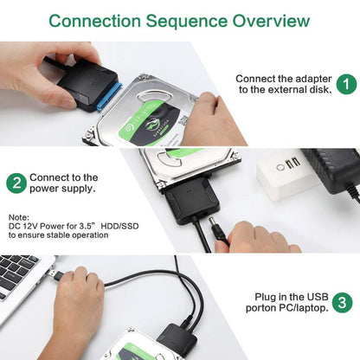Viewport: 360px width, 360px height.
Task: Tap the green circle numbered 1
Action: pos(345,84)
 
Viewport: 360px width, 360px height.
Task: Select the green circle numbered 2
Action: pos(16,183)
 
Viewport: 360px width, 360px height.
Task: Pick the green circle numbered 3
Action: pos(344,303)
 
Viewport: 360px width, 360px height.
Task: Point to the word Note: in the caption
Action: pos(20,218)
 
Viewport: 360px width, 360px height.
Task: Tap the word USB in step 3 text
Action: pos(314,296)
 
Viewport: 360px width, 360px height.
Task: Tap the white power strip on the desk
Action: pos(290,174)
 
